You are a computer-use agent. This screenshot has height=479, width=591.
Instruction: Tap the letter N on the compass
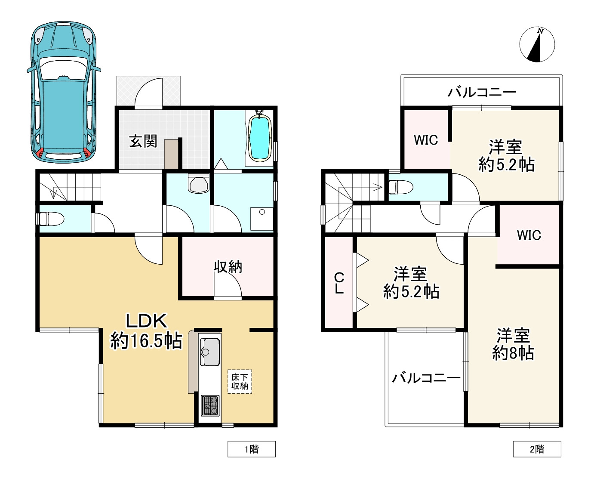pyautogui.click(x=540, y=31)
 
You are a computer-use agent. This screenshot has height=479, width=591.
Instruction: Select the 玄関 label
pyautogui.click(x=143, y=141)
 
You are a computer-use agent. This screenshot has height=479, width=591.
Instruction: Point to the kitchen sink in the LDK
pyautogui.click(x=210, y=352)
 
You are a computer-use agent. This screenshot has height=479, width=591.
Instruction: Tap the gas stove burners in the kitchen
pyautogui.click(x=210, y=405)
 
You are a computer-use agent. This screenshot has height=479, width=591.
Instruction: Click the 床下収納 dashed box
pyautogui.click(x=240, y=382)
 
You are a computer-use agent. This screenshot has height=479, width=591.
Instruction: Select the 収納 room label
pyautogui.click(x=228, y=267)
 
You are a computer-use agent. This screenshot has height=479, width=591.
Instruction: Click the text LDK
pyautogui.click(x=146, y=321)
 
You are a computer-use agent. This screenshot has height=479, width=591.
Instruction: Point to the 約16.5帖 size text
pyautogui.click(x=146, y=341)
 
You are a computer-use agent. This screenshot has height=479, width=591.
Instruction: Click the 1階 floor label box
pyautogui.click(x=252, y=449)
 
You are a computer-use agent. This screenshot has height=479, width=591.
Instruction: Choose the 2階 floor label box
pyautogui.click(x=537, y=449)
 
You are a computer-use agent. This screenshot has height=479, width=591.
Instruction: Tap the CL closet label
pyautogui.click(x=339, y=283)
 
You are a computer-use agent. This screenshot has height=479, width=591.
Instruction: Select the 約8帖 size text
pyautogui.click(x=513, y=353)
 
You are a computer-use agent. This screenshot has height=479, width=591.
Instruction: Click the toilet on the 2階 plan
pyautogui.click(x=400, y=187)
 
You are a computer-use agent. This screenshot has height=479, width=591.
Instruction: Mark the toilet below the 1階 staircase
pyautogui.click(x=52, y=219)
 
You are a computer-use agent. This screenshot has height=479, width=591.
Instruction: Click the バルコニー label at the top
pyautogui.click(x=482, y=92)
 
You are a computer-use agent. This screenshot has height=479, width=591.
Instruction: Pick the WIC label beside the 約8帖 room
pyautogui.click(x=529, y=235)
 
